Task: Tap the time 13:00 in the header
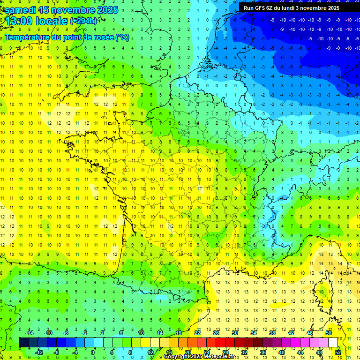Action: (20, 22)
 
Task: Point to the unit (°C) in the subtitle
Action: (122, 37)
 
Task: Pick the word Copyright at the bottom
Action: (177, 357)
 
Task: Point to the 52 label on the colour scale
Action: (338, 352)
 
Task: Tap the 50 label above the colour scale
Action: (329, 333)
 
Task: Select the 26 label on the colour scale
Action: (216, 333)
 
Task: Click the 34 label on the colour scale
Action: (254, 333)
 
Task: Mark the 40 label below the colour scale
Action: (282, 352)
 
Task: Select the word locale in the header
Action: (52, 22)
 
